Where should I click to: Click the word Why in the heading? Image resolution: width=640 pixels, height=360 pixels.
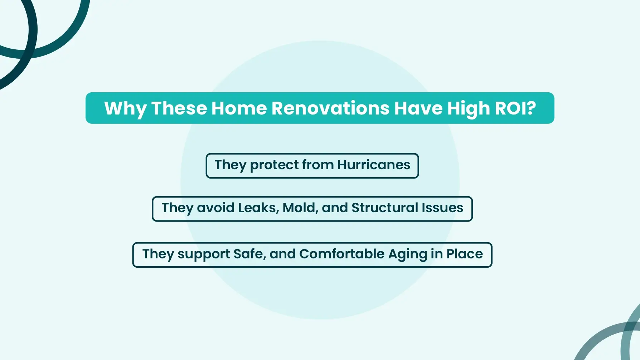(x=125, y=109)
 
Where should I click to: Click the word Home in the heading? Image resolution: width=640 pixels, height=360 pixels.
(x=239, y=108)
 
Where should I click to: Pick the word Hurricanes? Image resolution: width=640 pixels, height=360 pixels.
(x=374, y=165)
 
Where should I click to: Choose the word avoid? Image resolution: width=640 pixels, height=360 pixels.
(x=215, y=208)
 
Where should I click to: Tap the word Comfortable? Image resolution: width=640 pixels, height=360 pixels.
(x=342, y=254)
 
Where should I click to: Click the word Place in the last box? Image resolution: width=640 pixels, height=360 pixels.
(x=465, y=254)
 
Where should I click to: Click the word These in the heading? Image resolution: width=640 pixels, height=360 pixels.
(x=179, y=108)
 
